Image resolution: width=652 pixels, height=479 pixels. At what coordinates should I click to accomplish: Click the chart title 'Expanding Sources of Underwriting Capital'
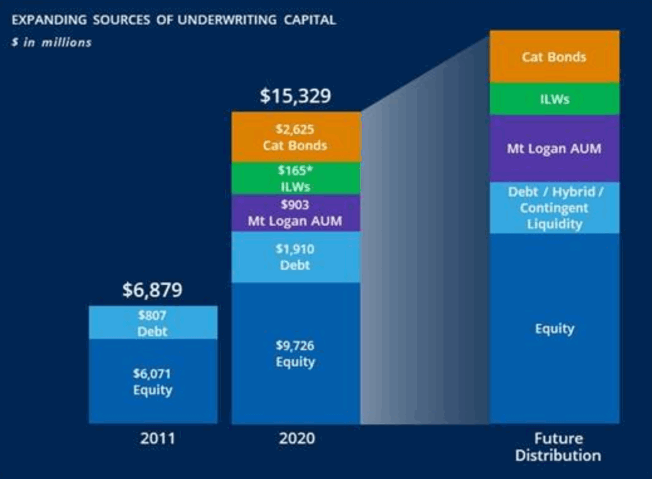click(173, 20)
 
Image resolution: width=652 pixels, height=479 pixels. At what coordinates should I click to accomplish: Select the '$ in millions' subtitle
click(51, 43)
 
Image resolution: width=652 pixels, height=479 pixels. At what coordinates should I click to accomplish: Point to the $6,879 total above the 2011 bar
click(153, 290)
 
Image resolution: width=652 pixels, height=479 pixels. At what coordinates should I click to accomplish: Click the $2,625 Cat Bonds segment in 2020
click(296, 137)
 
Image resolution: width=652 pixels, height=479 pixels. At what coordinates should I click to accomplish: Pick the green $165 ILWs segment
click(296, 179)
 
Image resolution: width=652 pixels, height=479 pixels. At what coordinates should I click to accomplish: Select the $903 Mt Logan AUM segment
click(296, 213)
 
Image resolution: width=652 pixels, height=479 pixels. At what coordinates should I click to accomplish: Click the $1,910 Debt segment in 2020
click(296, 257)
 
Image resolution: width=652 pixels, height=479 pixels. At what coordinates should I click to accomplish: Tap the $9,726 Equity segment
click(296, 353)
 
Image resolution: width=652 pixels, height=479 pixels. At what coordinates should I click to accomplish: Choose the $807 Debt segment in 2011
click(153, 322)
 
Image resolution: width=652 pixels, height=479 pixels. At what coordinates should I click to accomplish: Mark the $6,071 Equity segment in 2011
click(153, 381)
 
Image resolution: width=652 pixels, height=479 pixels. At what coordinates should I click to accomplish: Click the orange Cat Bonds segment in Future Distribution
click(554, 57)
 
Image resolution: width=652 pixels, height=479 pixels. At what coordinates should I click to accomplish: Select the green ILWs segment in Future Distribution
click(554, 99)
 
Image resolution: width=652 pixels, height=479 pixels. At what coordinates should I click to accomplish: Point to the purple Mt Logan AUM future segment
click(554, 149)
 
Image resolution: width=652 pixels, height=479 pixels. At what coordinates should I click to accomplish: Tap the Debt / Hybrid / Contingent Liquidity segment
click(554, 207)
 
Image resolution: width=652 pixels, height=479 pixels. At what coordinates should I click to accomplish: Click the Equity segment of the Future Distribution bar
click(554, 328)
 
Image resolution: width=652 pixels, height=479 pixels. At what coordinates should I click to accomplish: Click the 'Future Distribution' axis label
click(558, 446)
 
